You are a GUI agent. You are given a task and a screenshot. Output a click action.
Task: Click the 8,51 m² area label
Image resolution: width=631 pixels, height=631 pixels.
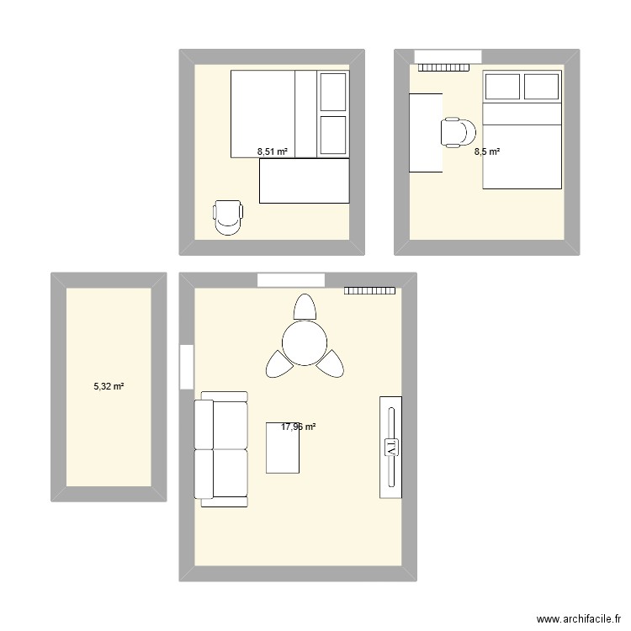272,152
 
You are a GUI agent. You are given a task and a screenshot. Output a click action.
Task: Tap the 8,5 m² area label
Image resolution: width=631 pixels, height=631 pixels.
487,152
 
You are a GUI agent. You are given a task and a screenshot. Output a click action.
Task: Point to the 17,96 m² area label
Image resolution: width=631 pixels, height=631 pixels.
299,427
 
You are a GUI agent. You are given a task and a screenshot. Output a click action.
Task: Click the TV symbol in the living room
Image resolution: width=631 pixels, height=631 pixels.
390,447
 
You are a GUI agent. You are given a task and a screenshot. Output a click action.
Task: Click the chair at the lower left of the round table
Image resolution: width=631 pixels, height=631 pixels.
278,363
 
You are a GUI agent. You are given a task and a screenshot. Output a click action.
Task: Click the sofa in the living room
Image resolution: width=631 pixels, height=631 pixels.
220,449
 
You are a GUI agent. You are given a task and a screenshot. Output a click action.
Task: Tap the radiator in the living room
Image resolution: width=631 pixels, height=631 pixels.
369,290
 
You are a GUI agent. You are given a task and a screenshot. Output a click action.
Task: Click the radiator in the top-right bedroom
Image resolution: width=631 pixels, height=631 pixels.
444,67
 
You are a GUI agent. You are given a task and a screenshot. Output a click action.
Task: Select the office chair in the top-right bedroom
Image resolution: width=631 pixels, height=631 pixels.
459,132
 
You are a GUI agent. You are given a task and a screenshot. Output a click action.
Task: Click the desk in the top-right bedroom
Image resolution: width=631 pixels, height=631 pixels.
426,132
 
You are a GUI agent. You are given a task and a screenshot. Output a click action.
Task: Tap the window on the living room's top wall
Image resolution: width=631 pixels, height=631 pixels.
291,280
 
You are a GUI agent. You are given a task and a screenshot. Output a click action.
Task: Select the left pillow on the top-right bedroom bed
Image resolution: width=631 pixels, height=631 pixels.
501,87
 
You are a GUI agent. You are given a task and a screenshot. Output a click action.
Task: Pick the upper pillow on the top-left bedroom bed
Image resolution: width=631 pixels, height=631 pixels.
333,91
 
